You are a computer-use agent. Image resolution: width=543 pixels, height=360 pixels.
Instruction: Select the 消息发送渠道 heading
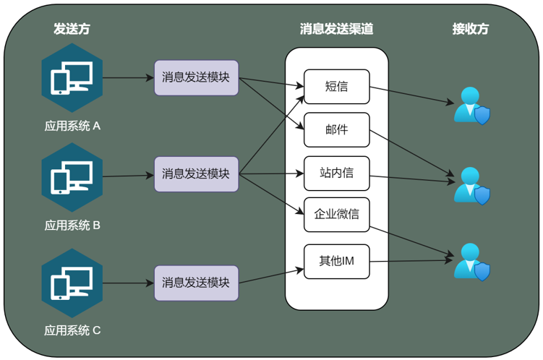[336, 29]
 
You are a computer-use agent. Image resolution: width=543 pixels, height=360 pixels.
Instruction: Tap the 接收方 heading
[470, 29]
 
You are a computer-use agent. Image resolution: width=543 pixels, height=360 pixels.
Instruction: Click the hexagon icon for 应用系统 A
[72, 77]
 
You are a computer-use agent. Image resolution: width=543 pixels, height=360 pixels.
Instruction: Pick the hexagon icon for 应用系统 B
[72, 176]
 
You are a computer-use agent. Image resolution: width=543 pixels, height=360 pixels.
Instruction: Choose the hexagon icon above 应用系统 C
[72, 283]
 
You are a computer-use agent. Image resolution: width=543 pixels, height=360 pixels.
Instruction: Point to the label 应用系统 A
[72, 126]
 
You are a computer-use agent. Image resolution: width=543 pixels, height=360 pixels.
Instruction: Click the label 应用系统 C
[72, 330]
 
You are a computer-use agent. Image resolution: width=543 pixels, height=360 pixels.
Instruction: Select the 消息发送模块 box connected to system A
[196, 77]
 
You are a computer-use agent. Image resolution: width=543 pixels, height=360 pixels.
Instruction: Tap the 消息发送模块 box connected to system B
[196, 173]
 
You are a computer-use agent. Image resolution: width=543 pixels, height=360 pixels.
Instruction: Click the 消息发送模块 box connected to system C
[196, 283]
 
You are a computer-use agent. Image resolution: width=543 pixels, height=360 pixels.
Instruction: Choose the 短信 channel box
[336, 87]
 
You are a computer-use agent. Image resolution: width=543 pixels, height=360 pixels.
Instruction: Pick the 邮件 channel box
[336, 130]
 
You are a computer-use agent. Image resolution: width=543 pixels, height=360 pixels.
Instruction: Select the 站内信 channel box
[336, 173]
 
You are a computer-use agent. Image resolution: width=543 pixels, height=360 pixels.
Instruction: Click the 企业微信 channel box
[336, 215]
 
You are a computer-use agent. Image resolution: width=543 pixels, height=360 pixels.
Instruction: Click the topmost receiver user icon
[471, 106]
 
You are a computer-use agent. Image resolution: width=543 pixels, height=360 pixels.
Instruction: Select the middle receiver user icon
[471, 185]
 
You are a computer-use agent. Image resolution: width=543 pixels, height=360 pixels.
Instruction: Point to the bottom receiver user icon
[471, 262]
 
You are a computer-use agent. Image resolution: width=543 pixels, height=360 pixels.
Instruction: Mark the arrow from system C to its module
[128, 283]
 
